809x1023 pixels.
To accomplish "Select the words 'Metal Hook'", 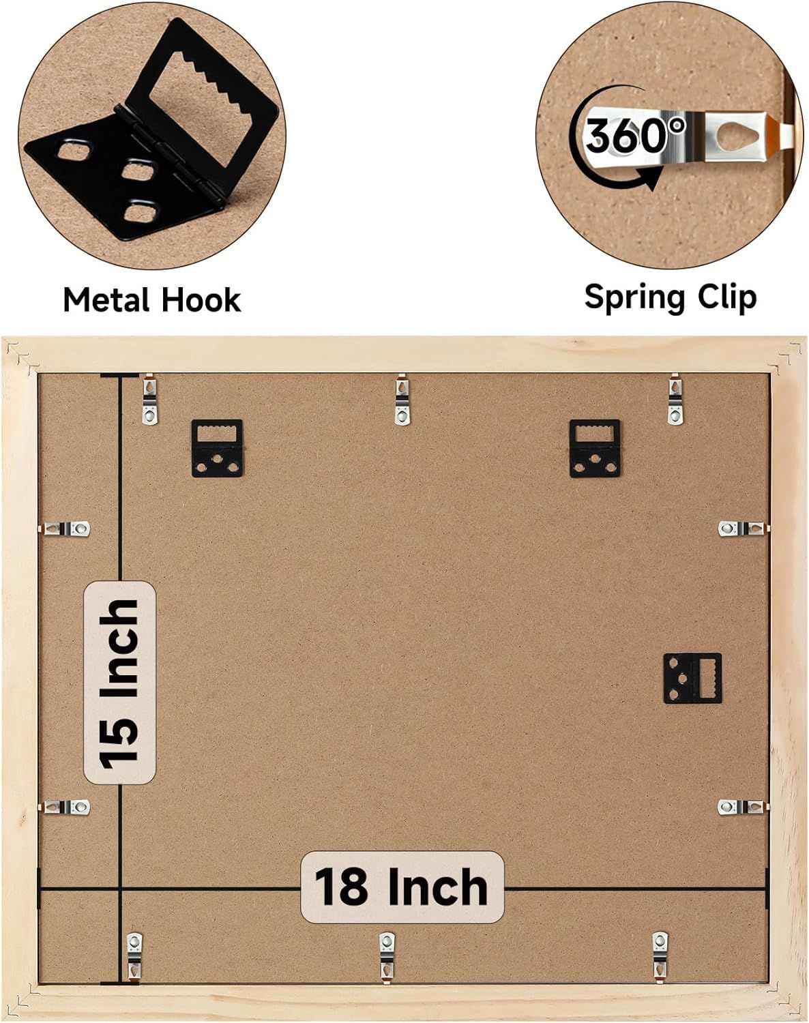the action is [x=151, y=300].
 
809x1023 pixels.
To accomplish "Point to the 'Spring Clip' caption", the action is [x=671, y=298].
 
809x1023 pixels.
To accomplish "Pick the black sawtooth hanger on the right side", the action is [x=692, y=679].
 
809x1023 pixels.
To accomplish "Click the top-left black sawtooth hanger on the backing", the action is [x=217, y=448].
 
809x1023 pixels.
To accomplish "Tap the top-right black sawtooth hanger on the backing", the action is [x=595, y=448].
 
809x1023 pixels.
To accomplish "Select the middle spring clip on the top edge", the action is [x=402, y=400].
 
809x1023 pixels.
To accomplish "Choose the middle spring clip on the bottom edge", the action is [x=387, y=955].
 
